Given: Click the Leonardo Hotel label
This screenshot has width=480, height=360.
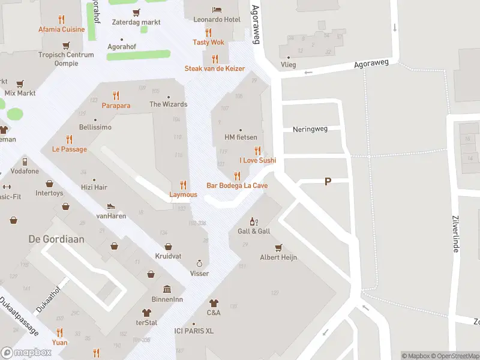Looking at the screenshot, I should coord(217,20).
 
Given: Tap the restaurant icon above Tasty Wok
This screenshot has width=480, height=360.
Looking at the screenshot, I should coord(209,32).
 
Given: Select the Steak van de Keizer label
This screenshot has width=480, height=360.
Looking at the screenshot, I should coord(214,68).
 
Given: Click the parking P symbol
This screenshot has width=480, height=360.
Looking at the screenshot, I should coord(328,181).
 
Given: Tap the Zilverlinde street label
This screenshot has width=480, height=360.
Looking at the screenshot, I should coord(455,234).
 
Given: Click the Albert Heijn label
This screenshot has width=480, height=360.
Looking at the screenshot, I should coord(278,257).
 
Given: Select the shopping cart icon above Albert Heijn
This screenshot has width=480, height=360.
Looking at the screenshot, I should coord(278,247).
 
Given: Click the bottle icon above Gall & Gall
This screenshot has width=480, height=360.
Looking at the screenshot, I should coord(253,221).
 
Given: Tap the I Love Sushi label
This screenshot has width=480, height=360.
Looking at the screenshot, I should coord(257,160).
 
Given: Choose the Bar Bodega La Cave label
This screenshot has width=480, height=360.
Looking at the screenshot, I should coord(237,185).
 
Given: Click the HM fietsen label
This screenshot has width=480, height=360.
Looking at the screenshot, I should coord(240,137).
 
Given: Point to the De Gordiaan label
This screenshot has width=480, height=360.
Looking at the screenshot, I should coord(56,239).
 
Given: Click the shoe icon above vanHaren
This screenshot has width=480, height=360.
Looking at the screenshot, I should coord(111,206).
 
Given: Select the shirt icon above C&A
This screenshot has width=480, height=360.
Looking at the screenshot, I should coord(214,303).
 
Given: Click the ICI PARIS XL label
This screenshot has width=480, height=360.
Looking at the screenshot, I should coord(193,331).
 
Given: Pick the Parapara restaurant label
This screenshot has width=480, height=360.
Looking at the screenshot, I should coord(116,105).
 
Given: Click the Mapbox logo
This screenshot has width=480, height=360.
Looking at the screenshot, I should coord(26,352).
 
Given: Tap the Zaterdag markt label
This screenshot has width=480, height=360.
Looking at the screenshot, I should coord(136,22).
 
